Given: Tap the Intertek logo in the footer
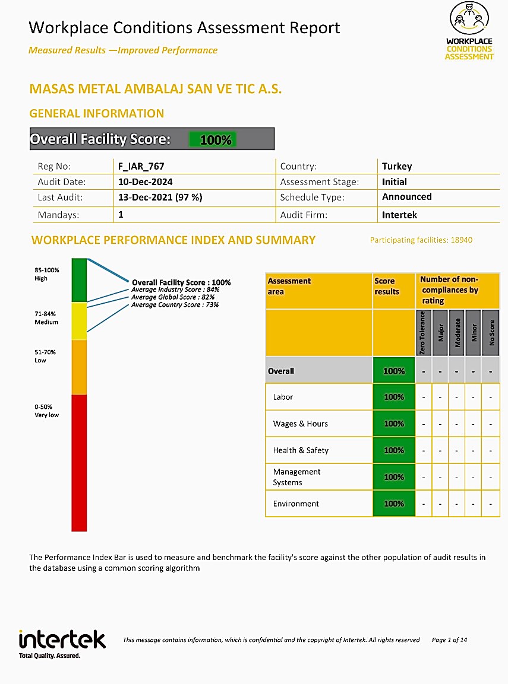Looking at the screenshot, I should pos(62,642).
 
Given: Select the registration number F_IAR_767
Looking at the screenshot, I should pos(141,167).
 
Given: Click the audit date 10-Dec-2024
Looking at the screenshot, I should pos(146,182).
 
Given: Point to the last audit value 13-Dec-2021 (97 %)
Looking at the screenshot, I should pos(160,198).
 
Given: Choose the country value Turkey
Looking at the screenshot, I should pos(397,167).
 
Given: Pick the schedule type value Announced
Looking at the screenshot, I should pos(407,197).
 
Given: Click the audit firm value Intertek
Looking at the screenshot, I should pos(399,215).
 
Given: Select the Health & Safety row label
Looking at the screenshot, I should pos(301,450).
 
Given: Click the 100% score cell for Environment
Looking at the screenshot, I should pos(393,504).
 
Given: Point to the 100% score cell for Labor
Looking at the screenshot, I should pos(393,397).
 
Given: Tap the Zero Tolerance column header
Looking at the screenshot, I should pos(423,333).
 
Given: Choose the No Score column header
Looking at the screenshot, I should pos(491,334).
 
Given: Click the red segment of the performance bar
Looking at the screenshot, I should pos(79,463).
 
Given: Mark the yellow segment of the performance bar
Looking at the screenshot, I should pos(79,321).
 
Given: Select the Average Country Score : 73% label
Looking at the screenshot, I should pos(175,305).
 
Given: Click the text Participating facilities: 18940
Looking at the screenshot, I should pos(421,240).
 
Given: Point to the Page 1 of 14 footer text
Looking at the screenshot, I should pos(449,640).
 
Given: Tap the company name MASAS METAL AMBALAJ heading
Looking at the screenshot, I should pos(155,90).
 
